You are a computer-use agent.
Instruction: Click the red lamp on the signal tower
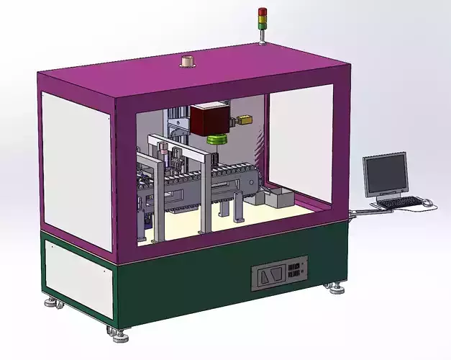(x=262, y=11)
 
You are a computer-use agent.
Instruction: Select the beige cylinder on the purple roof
(x=188, y=61)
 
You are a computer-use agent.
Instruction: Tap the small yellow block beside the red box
(x=247, y=120)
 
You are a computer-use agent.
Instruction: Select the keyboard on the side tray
(x=399, y=203)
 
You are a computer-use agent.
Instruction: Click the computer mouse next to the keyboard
(x=427, y=203)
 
